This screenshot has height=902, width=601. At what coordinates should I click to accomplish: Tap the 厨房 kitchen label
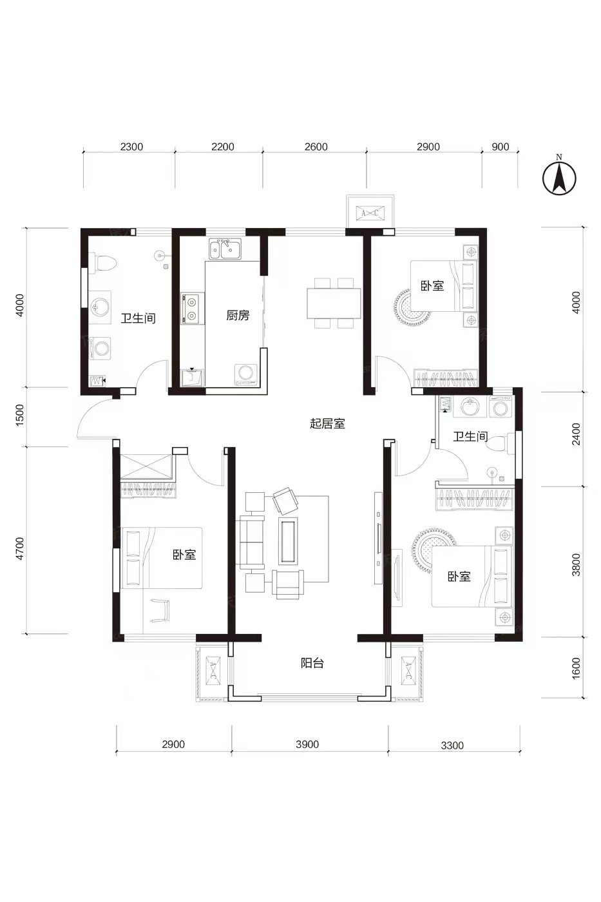(x=237, y=315)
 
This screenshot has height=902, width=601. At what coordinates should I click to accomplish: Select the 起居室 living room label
(x=327, y=423)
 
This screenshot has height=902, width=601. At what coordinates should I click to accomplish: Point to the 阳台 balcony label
(x=312, y=663)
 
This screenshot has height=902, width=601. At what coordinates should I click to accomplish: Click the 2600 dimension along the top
(x=316, y=147)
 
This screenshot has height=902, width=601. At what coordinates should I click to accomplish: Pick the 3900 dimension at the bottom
(x=307, y=744)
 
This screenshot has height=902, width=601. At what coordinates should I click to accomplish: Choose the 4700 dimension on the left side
(x=20, y=548)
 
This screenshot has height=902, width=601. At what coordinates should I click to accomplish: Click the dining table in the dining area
(x=333, y=303)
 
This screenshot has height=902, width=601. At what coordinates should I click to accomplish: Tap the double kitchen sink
(x=225, y=249)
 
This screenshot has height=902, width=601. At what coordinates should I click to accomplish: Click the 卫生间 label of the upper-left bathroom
(x=138, y=318)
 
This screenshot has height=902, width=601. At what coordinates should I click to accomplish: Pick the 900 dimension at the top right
(x=500, y=147)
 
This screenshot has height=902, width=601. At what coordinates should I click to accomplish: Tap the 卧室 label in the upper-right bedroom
(x=432, y=286)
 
